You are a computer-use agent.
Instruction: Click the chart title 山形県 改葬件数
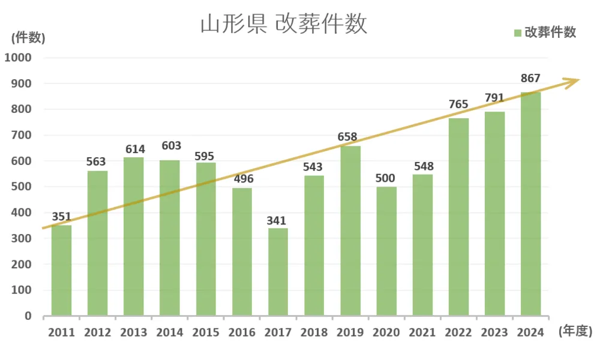(x=283, y=25)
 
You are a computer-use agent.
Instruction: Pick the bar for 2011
(x=61, y=270)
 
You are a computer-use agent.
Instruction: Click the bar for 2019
(x=350, y=231)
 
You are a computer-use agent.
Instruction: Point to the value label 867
(x=530, y=78)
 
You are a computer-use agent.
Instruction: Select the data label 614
(x=134, y=149)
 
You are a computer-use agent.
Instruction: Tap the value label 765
(x=458, y=104)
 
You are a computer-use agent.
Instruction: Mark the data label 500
(x=386, y=179)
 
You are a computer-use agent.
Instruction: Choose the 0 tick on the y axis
(x=28, y=316)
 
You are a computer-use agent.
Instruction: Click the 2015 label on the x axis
(x=206, y=332)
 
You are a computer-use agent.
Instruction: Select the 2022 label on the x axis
(x=458, y=332)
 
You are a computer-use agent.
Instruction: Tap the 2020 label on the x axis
(x=386, y=332)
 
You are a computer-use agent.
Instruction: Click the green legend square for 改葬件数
(x=517, y=33)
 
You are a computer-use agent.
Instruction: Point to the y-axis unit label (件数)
(x=28, y=37)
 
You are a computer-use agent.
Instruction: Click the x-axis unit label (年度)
(x=575, y=331)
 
